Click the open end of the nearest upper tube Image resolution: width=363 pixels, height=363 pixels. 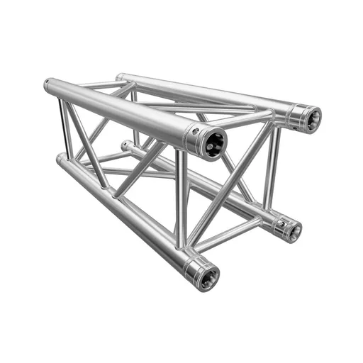click(213, 145)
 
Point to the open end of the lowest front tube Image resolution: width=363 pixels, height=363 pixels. click(207, 278)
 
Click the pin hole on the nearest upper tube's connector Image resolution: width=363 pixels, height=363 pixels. click(193, 131)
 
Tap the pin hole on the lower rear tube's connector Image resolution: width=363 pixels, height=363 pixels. click(281, 223)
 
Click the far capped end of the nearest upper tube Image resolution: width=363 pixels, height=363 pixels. click(48, 86)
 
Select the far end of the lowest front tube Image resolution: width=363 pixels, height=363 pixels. click(60, 161)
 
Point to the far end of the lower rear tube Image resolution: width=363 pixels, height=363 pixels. click(125, 145)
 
